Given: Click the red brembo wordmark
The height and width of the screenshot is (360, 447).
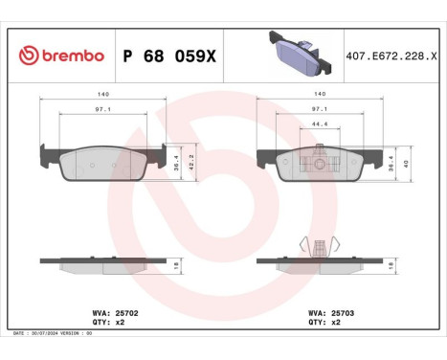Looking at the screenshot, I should click(71, 56).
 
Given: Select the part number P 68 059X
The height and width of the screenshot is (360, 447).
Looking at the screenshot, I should click(170, 56).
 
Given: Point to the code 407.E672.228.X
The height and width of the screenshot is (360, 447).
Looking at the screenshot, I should click(391, 56).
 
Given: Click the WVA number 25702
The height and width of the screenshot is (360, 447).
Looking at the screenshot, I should click(127, 312).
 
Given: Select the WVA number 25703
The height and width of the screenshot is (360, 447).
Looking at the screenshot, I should click(344, 312).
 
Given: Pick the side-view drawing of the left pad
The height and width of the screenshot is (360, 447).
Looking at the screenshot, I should click(101, 264).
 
